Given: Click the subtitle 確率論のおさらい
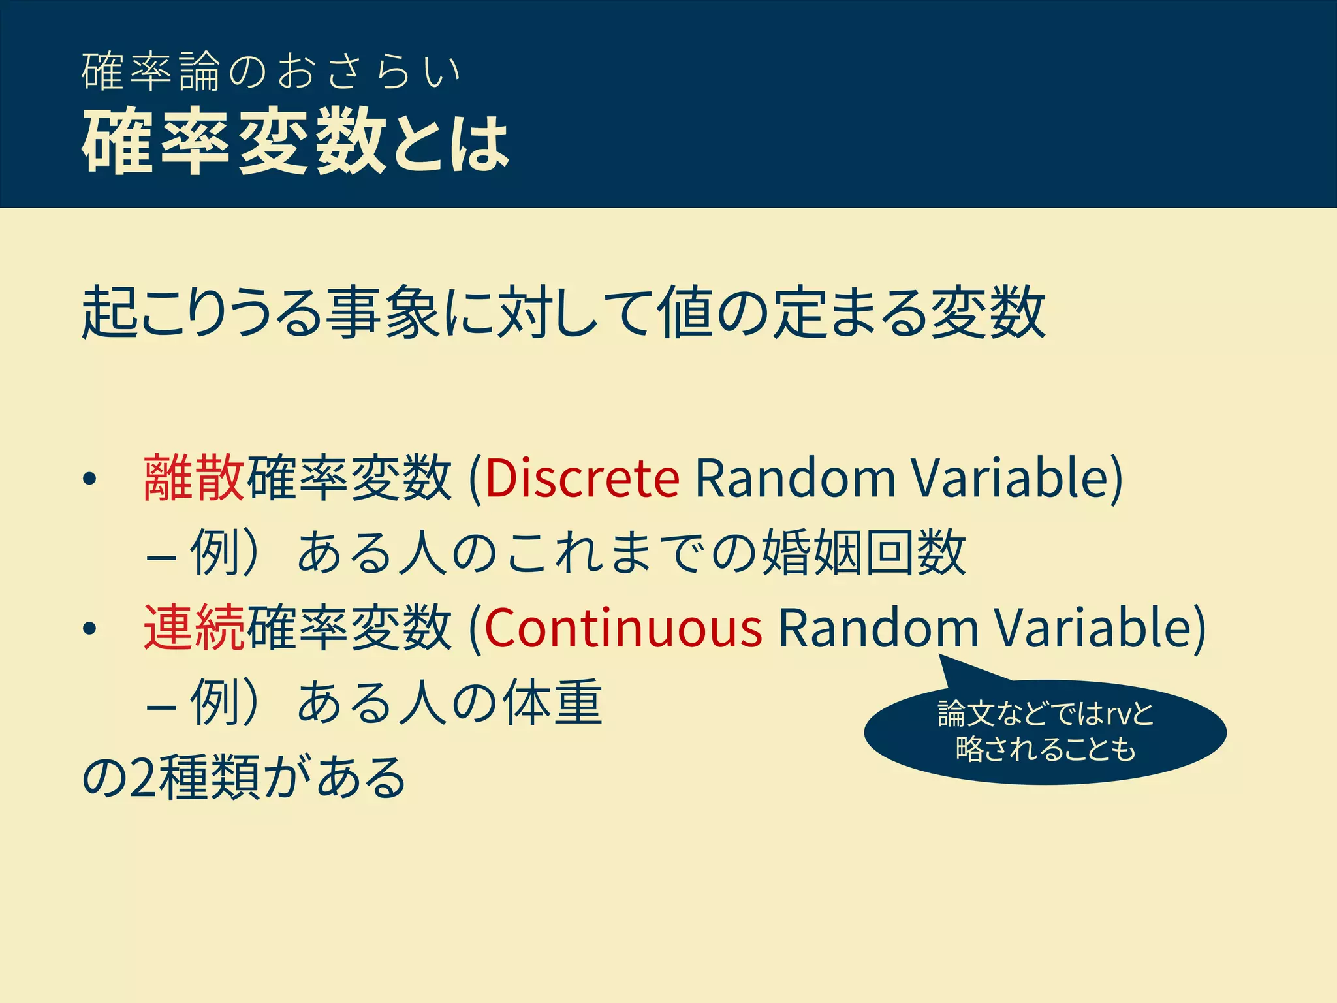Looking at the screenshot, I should point(272,71).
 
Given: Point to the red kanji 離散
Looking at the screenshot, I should point(194,478).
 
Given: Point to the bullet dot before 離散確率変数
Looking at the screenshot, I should point(89,480).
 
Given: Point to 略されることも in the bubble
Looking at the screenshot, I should point(1045,749).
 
